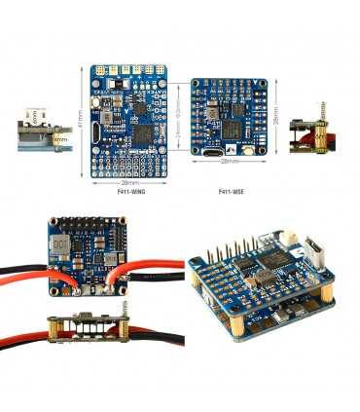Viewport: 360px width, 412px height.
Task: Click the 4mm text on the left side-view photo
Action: point(60,138)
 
